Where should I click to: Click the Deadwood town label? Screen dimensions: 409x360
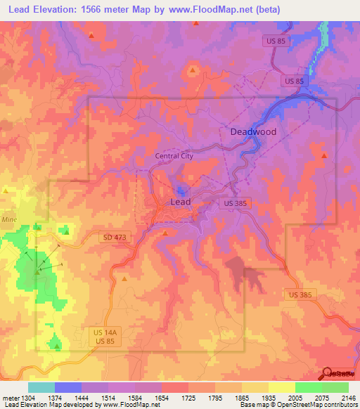(x=253, y=131)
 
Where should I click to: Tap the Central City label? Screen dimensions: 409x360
(x=174, y=156)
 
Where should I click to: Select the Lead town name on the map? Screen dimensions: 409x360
(x=181, y=202)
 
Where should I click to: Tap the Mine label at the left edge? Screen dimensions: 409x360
(x=8, y=219)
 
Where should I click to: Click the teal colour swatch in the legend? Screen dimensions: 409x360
(x=41, y=387)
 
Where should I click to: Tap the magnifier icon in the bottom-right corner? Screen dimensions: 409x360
(x=327, y=374)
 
